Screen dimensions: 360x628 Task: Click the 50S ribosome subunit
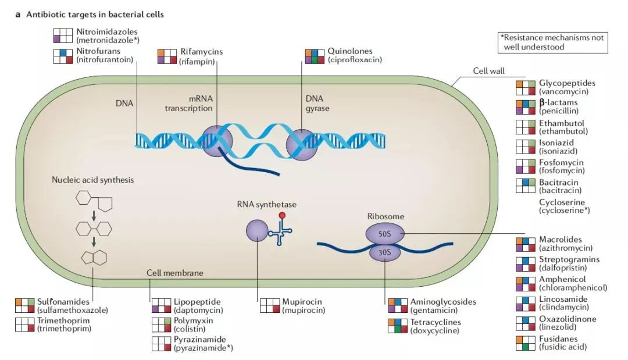pos(384,234)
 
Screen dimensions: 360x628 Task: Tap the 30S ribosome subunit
pos(384,252)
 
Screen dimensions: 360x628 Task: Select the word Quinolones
pos(349,52)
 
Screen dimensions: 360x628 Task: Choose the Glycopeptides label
pos(567,83)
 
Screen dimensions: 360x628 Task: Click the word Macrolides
pos(560,239)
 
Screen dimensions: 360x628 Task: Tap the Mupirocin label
pos(302,302)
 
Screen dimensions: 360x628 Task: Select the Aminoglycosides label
pos(443,302)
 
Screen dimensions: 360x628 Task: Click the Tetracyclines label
pos(436,322)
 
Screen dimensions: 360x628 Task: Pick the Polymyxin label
pos(193,320)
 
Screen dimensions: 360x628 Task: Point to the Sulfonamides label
pos(63,302)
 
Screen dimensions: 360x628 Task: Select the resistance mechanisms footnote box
pos(553,42)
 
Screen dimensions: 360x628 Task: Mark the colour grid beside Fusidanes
pos(526,343)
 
